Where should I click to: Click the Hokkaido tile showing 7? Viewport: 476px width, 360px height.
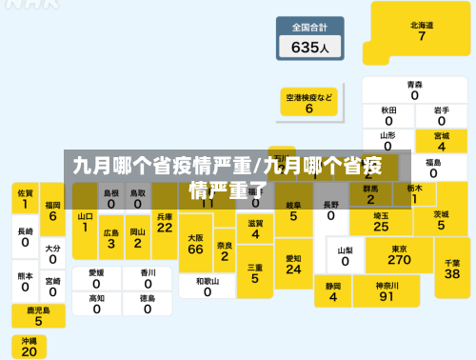pyautogui.click(x=422, y=30)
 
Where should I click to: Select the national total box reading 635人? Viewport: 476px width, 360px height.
pyautogui.click(x=309, y=39)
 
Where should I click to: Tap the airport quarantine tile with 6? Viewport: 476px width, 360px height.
pyautogui.click(x=309, y=103)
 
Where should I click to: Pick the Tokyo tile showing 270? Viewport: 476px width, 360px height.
pyautogui.click(x=400, y=254)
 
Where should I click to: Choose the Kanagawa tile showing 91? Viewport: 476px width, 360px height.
pyautogui.click(x=386, y=290)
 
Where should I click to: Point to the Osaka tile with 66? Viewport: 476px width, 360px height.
pyautogui.click(x=196, y=244)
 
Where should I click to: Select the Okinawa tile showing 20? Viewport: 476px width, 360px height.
pyautogui.click(x=29, y=347)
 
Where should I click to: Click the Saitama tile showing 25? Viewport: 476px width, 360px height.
pyautogui.click(x=381, y=221)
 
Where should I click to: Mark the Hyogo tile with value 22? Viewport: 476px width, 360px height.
pyautogui.click(x=165, y=222)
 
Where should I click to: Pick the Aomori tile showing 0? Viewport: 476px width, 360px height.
pyautogui.click(x=415, y=90)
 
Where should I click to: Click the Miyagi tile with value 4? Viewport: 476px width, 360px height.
pyautogui.click(x=442, y=141)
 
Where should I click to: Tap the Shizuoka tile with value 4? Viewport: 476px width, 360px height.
pyautogui.click(x=333, y=291)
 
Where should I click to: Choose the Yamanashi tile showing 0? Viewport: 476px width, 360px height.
pyautogui.click(x=345, y=255)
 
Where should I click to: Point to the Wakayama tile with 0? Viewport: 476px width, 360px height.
pyautogui.click(x=208, y=287)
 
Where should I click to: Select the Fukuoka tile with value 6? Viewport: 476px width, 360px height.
pyautogui.click(x=52, y=210)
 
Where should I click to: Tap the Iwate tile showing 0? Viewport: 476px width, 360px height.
pyautogui.click(x=442, y=115)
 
